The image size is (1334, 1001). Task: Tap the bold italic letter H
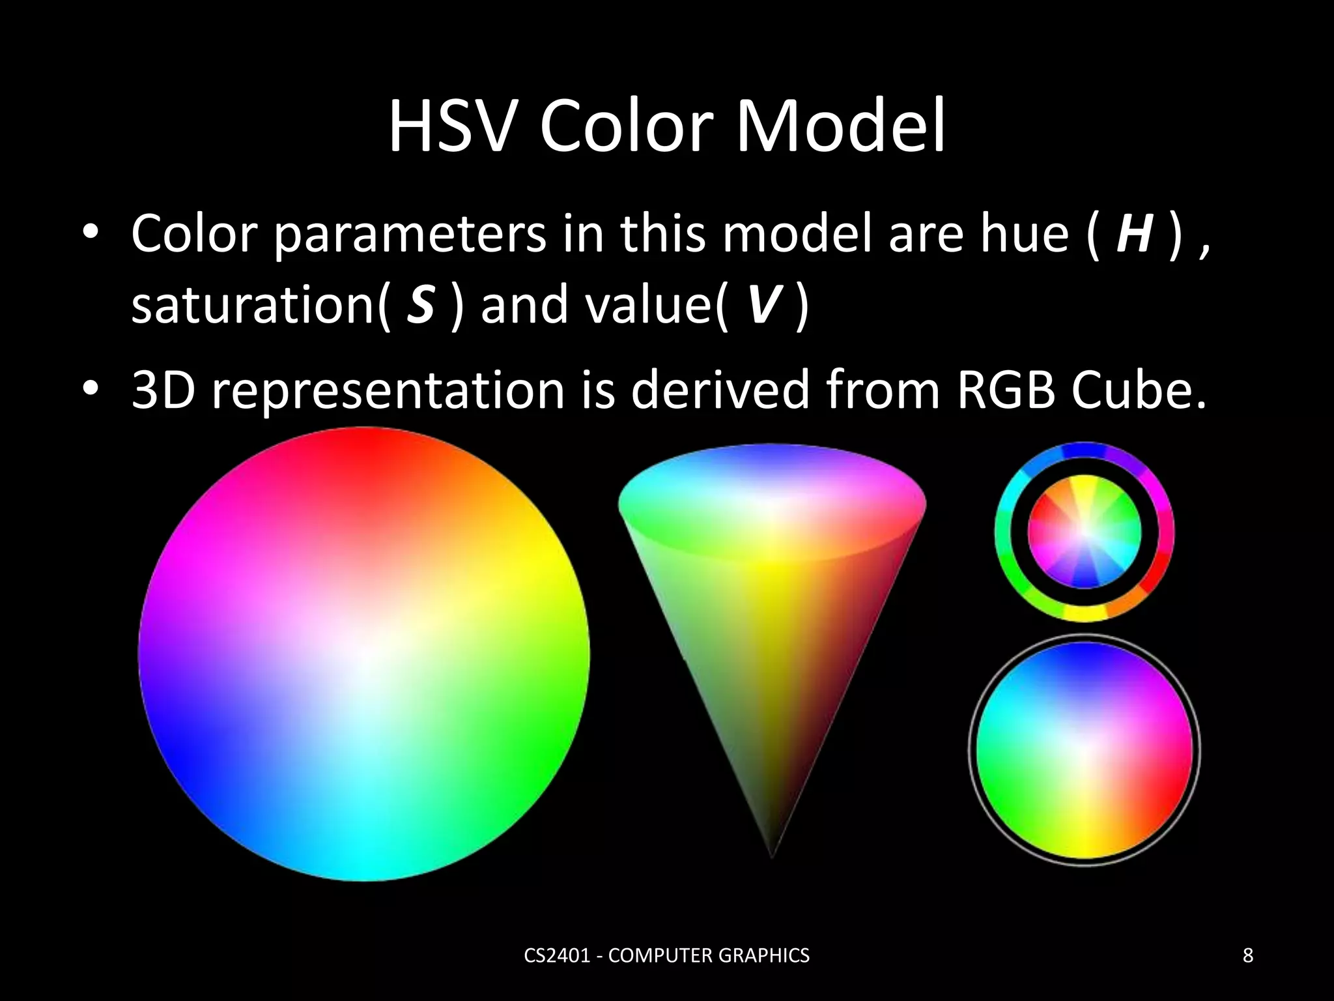pos(1134,233)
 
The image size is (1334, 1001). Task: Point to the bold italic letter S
pos(420,304)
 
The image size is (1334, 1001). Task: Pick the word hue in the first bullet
pos(1024,233)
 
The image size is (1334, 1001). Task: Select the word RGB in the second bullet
pos(1005,390)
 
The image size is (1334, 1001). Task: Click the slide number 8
pos(1248,955)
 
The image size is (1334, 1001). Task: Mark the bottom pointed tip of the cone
pos(772,856)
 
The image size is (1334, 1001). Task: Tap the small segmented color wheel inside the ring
pos(1085,532)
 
